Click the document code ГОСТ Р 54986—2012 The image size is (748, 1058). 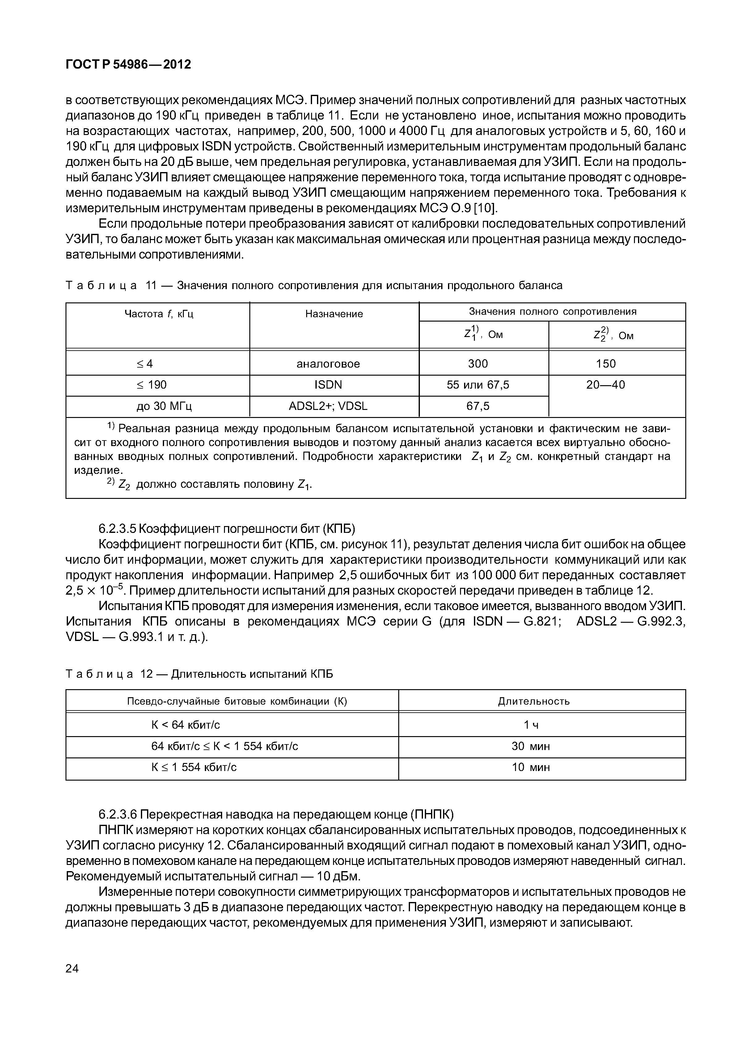coord(128,65)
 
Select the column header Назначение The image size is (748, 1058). coord(334,314)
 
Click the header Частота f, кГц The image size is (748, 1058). coord(159,314)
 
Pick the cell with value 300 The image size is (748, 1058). coord(478,364)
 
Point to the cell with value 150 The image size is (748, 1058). coord(606,364)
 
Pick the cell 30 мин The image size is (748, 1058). coord(531,746)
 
